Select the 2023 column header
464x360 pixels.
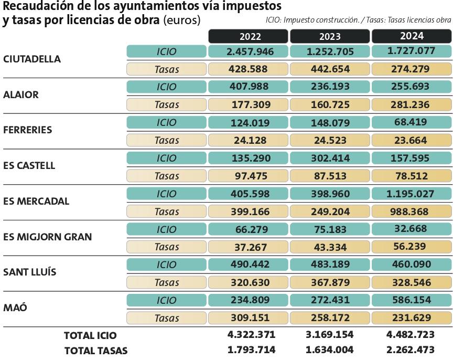point(330,37)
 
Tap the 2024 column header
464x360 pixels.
point(411,37)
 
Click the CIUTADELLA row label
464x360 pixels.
point(32,59)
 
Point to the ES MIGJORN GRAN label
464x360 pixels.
point(48,237)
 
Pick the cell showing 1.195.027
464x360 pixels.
point(411,194)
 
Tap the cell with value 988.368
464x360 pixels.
point(411,211)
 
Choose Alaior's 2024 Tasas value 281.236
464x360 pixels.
point(411,104)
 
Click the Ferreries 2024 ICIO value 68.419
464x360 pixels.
point(411,122)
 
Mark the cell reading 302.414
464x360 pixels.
point(330,158)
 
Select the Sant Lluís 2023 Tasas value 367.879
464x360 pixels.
point(330,282)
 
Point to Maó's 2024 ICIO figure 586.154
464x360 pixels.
point(411,300)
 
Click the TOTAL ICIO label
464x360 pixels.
point(90,335)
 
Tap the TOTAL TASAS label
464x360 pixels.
point(95,350)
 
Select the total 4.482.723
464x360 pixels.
point(411,335)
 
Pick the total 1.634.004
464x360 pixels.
point(330,350)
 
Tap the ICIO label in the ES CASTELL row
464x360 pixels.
point(167,158)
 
